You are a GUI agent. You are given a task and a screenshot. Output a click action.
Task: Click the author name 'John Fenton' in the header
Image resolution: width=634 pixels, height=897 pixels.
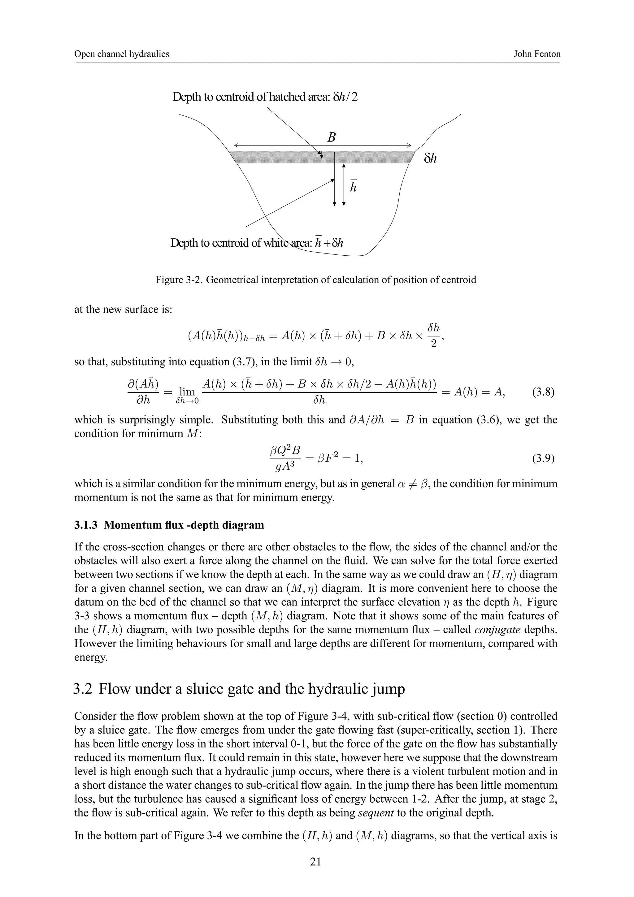[x=537, y=54]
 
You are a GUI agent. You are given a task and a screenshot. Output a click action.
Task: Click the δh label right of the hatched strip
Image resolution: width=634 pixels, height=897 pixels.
[x=430, y=158]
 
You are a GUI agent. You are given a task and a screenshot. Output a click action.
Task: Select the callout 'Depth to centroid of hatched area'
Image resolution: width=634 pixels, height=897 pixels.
[x=265, y=97]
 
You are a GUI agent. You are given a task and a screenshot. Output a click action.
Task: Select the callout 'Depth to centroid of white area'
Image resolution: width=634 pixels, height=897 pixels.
[x=257, y=243]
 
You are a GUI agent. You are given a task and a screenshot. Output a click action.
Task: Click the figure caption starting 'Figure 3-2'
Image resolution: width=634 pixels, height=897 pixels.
[x=316, y=280]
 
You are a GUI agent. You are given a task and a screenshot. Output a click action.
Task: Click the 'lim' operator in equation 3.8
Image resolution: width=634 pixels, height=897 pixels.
[x=187, y=392]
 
